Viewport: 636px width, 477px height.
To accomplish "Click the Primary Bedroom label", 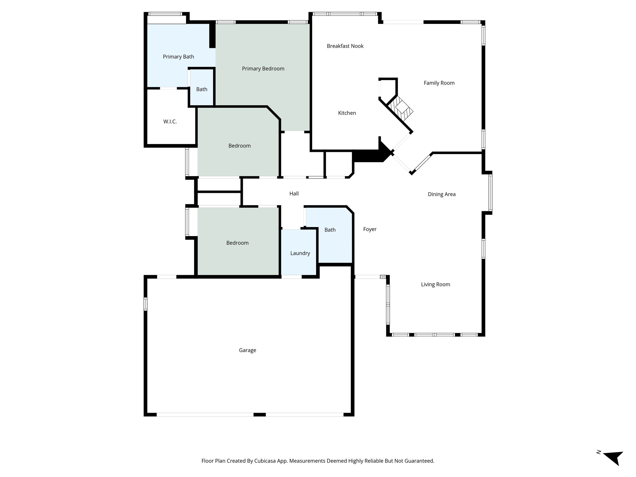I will [x=263, y=69].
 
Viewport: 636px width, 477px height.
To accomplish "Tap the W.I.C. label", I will [x=170, y=121].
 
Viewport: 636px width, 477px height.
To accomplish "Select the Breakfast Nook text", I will [x=345, y=46].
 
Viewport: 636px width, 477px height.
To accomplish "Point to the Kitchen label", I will [x=347, y=113].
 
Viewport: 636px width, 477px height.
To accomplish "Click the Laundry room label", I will [x=300, y=253].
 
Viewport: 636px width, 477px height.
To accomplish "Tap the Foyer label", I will [x=370, y=229].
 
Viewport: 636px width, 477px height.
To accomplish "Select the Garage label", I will [x=248, y=350].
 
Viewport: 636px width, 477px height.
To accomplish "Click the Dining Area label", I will [x=441, y=194].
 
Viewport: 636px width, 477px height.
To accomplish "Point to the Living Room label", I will [x=435, y=284].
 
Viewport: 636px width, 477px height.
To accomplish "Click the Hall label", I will [x=294, y=193].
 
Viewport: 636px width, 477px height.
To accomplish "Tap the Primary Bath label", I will [x=178, y=57].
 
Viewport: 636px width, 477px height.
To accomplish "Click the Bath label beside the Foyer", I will [x=330, y=230].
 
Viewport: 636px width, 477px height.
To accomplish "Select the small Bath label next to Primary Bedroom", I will [x=202, y=89].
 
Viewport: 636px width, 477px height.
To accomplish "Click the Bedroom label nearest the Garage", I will [x=237, y=243].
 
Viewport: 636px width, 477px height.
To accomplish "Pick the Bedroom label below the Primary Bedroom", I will [x=239, y=146].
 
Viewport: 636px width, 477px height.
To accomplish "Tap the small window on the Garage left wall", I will [x=145, y=304].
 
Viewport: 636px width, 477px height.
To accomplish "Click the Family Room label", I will [x=439, y=83].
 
